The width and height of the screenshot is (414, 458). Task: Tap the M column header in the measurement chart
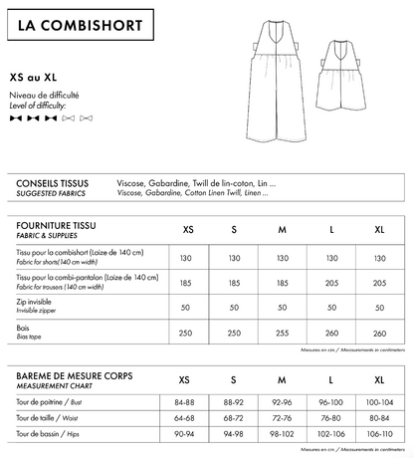click(282, 380)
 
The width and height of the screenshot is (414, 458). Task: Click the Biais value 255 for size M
click(282, 333)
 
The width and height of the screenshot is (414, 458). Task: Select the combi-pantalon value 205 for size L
click(331, 283)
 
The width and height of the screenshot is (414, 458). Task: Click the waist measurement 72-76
click(282, 418)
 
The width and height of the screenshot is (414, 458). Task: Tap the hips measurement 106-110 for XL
click(378, 434)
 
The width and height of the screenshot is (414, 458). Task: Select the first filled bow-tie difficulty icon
click(15, 118)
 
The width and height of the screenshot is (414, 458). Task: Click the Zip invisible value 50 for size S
click(234, 308)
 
